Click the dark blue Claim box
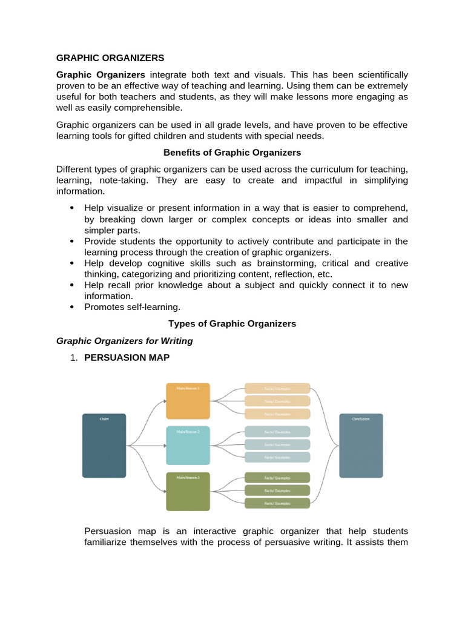104,446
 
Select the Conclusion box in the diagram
361,446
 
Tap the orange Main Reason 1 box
188,401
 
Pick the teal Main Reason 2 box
188,446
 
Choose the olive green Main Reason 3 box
188,491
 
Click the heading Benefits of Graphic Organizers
232,153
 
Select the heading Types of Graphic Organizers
232,323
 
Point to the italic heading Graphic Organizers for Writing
124,341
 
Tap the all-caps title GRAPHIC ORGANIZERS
110,58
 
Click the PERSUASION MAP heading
127,358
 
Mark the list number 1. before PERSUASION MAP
74,358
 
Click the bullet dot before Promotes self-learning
71,307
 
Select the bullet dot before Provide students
71,241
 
